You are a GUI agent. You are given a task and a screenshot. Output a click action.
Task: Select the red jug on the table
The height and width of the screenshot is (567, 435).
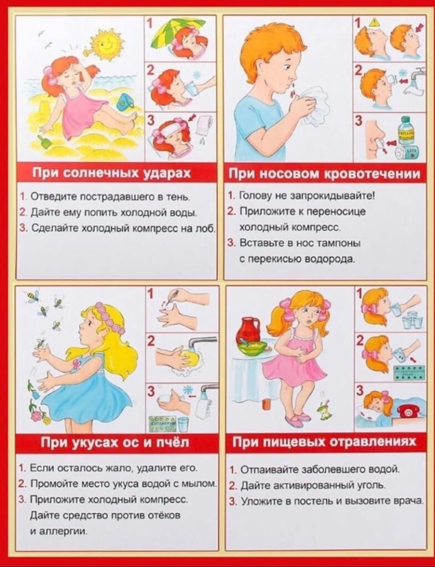tap(249, 330)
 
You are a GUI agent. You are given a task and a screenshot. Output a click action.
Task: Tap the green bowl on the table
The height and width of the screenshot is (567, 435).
tap(252, 348)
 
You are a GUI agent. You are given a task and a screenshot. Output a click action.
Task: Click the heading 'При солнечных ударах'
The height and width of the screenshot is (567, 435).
tap(111, 173)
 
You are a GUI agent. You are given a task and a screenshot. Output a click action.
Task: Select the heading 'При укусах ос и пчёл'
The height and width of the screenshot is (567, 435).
tap(115, 441)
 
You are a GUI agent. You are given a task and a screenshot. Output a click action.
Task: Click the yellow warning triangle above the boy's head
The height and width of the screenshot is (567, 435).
tap(373, 22)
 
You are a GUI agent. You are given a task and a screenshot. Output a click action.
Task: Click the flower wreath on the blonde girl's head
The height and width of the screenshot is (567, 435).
tap(110, 318)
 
